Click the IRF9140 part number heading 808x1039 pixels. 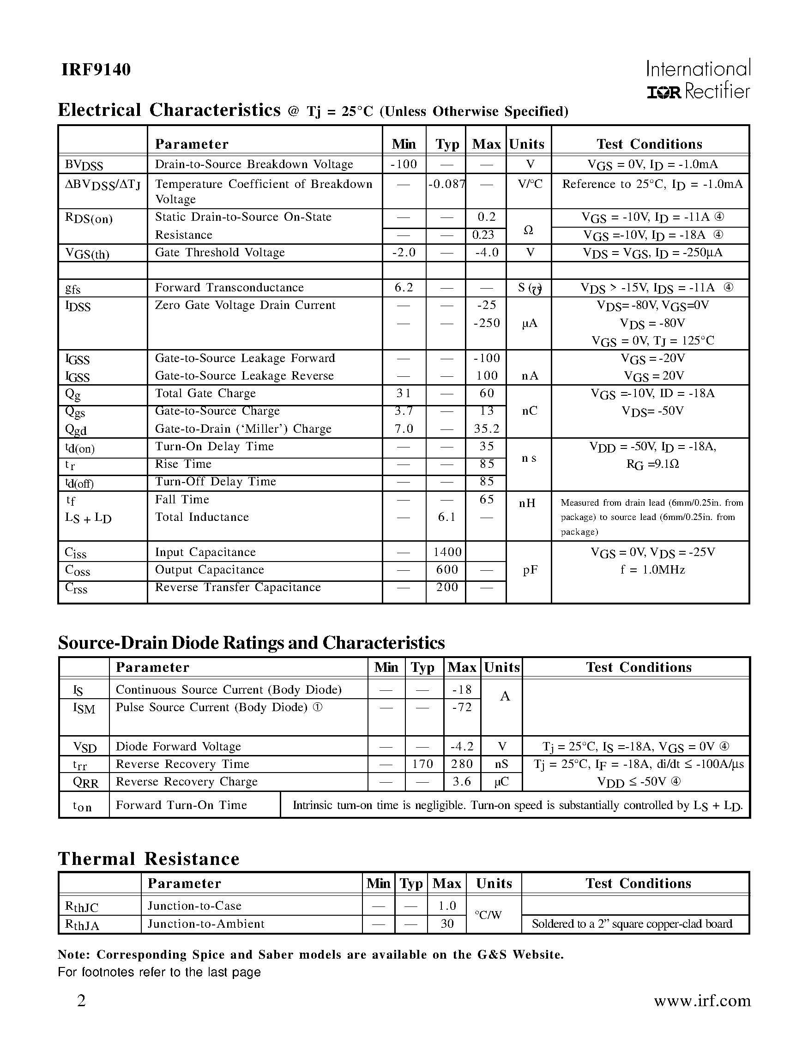pyautogui.click(x=96, y=70)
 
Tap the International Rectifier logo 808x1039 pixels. pyautogui.click(x=698, y=79)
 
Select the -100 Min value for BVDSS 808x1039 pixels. pyautogui.click(x=403, y=164)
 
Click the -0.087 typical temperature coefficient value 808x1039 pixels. pyautogui.click(x=446, y=184)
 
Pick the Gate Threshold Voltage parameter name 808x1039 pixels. pyautogui.click(x=220, y=252)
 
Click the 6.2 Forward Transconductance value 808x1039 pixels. pyautogui.click(x=403, y=287)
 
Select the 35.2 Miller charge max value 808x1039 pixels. pyautogui.click(x=487, y=429)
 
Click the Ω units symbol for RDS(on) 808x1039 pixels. pyautogui.click(x=528, y=230)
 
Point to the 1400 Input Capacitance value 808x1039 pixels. pyautogui.click(x=447, y=552)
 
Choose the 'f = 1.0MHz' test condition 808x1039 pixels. pyautogui.click(x=652, y=569)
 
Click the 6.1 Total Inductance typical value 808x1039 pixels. pyautogui.click(x=446, y=517)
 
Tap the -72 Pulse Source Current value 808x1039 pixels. pyautogui.click(x=461, y=707)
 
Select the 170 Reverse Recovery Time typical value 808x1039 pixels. pyautogui.click(x=422, y=764)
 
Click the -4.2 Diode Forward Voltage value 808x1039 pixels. pyautogui.click(x=461, y=746)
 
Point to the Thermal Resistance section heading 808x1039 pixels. pyautogui.click(x=148, y=859)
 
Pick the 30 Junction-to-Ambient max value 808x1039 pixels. pyautogui.click(x=446, y=924)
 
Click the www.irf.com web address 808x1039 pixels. pyautogui.click(x=702, y=1001)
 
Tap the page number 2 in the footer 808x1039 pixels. pyautogui.click(x=81, y=1001)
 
